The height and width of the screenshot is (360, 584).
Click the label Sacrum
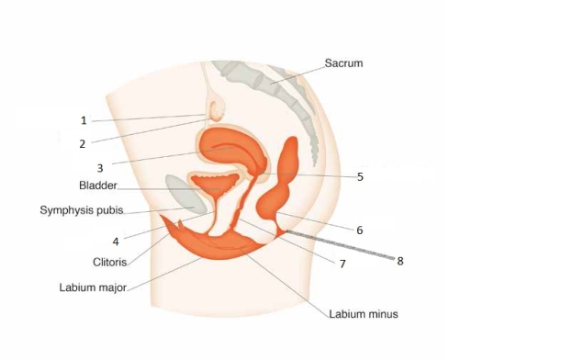coord(343,63)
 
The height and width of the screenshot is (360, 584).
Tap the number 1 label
coord(83,120)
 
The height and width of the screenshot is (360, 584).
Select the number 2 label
coord(82,143)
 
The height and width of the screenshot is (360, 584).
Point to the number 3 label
coord(100,168)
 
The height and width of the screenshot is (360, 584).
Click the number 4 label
coord(116,242)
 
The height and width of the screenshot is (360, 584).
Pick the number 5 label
coord(360,176)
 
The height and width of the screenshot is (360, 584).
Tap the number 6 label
coord(359,230)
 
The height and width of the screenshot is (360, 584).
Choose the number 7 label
coord(342,264)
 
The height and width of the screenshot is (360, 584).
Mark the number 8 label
coord(399,261)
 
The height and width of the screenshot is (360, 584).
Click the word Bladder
coord(98,186)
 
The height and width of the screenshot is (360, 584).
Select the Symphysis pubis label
coord(82,210)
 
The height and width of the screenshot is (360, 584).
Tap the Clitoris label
coord(109,261)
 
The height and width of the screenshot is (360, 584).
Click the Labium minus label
coord(364,314)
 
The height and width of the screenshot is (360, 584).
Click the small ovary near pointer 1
coord(217,110)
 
